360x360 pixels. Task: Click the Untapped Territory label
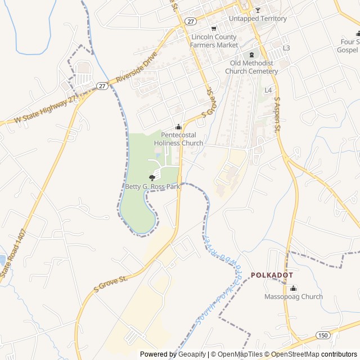[258, 19]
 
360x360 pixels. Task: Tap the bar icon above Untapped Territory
[258, 10]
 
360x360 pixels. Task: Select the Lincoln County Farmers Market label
[214, 40]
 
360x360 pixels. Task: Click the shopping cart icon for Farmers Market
[213, 29]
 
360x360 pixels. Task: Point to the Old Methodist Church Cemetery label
[251, 67]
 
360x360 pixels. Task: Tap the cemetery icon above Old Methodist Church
[251, 55]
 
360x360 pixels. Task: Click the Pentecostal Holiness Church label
[178, 139]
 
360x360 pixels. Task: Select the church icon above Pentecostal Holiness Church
[178, 127]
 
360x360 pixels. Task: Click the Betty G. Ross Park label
[152, 186]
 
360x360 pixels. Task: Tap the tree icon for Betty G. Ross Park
[152, 178]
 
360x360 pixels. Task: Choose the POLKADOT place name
[272, 275]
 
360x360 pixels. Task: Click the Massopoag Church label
[294, 296]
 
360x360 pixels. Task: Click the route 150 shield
[322, 335]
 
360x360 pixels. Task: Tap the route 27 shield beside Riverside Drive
[102, 85]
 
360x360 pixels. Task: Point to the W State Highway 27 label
[45, 110]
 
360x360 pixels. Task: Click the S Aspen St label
[277, 115]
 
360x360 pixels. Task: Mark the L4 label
[268, 90]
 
